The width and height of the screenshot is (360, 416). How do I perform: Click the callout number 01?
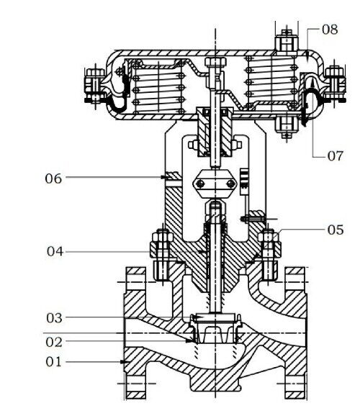pos(53,361)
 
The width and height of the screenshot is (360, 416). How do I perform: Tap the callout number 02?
pos(54,342)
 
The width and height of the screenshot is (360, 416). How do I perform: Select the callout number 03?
pos(54,318)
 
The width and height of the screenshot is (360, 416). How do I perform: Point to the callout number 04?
pos(55,251)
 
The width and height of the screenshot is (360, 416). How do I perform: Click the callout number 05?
pos(336,230)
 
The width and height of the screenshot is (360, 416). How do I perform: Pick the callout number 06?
pos(53,178)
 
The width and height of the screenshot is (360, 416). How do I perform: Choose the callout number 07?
pos(336,156)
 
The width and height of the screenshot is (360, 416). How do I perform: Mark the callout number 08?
pos(330,30)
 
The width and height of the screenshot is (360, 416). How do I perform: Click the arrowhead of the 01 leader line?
pos(123,362)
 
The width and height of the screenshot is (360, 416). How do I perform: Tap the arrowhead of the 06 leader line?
pos(163,177)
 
